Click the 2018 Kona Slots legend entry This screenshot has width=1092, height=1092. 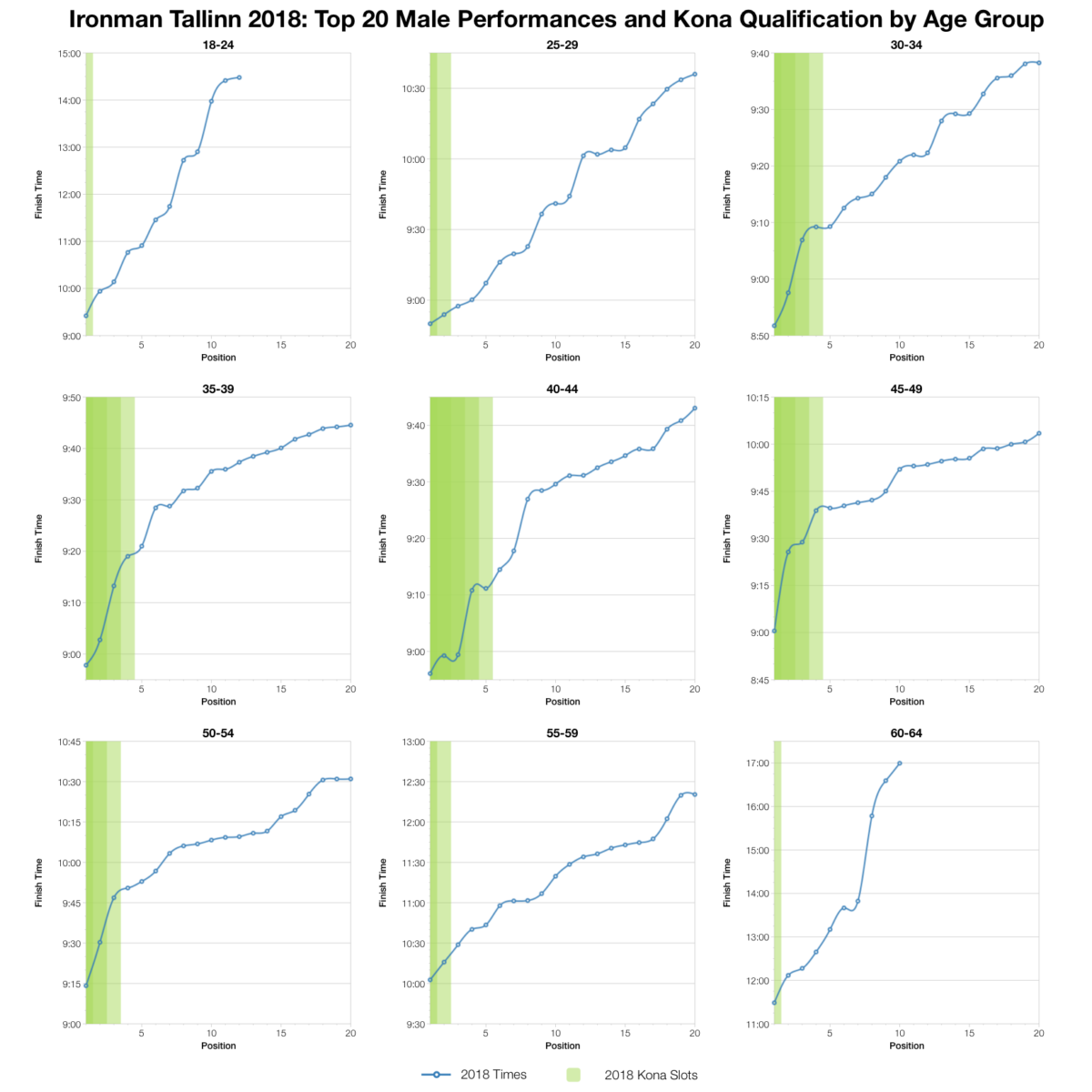(x=651, y=1075)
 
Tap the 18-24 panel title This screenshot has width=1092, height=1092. (x=218, y=45)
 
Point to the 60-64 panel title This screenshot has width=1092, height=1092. (x=906, y=733)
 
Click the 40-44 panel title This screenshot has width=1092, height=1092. (x=562, y=389)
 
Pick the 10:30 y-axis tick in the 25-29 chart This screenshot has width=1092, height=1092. (x=414, y=89)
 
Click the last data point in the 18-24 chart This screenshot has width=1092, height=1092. (x=239, y=77)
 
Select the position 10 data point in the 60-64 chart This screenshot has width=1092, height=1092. (x=899, y=763)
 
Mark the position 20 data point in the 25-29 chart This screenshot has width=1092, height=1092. (x=694, y=75)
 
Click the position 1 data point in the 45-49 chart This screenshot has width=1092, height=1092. (x=774, y=631)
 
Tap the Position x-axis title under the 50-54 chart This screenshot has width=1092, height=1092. (x=218, y=1046)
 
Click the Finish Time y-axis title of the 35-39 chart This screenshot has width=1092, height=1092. (x=39, y=539)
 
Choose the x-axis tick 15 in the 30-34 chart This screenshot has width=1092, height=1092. (x=969, y=345)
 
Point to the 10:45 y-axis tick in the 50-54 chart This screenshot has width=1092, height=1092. (x=70, y=742)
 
